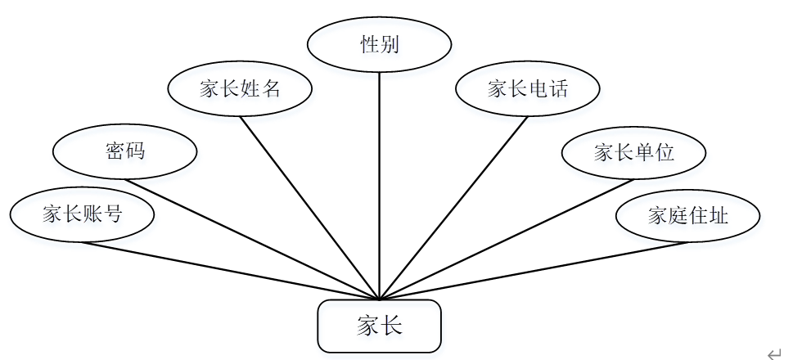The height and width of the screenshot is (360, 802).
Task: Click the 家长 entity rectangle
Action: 379,326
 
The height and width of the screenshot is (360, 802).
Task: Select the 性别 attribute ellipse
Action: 379,45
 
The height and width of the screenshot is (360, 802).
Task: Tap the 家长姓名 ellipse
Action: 240,88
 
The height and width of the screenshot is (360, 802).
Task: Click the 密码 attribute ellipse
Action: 124,151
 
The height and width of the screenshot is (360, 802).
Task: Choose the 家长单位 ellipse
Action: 634,152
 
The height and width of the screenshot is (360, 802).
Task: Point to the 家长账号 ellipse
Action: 82,215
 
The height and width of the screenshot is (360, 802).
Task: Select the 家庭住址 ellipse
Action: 688,216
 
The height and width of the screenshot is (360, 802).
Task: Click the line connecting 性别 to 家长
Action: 379,180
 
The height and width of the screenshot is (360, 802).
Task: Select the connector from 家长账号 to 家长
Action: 229,271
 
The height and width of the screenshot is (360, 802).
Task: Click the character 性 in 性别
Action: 369,45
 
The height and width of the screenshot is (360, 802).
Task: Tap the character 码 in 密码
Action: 135,151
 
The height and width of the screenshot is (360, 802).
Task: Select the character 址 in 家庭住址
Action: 719,216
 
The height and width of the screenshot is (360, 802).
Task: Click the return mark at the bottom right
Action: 774,352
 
